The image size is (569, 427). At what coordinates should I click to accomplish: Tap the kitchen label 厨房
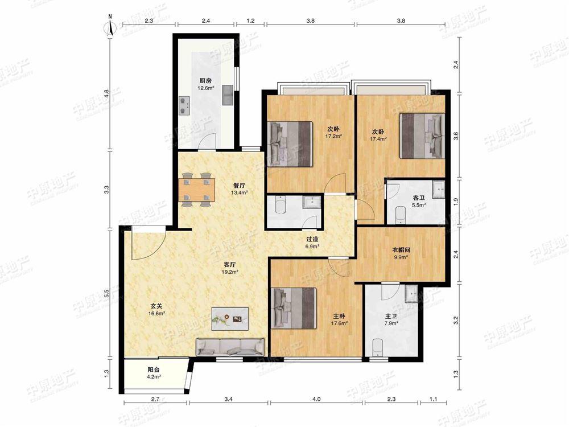point(205,81)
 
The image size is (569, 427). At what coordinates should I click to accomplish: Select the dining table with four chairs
point(196,190)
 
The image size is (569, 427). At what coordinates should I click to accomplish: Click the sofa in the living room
point(230,347)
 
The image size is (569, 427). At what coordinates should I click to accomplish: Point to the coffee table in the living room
point(230,318)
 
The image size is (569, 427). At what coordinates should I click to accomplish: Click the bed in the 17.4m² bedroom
point(422,136)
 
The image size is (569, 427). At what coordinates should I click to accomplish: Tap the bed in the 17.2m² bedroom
point(290,144)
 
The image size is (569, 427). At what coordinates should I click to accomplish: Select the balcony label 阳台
point(153,370)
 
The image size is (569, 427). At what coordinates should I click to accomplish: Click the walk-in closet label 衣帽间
point(401,250)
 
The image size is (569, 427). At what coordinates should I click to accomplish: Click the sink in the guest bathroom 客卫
point(438,189)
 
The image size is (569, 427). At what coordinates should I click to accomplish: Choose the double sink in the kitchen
point(228,95)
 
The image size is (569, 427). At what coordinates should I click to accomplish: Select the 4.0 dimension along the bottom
point(316,400)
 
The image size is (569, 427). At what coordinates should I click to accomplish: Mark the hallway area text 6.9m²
point(312,246)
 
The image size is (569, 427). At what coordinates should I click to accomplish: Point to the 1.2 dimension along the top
point(250,20)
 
